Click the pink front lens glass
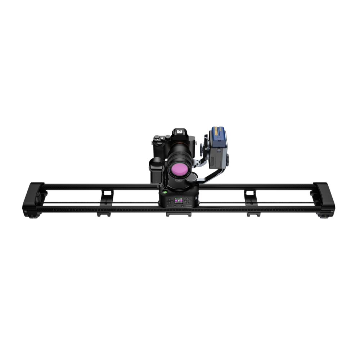pyautogui.click(x=179, y=168)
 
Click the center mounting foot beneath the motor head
pyautogui.click(x=179, y=215)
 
